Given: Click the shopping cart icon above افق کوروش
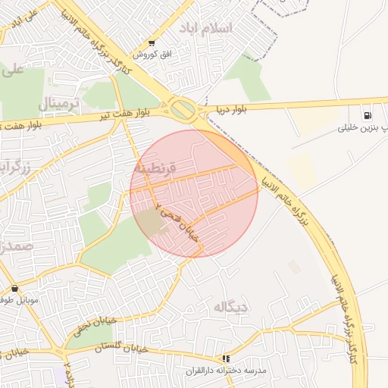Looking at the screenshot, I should pos(152,43).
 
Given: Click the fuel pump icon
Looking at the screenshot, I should pos(368,116).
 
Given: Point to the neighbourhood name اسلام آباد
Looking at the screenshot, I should pos(207,27).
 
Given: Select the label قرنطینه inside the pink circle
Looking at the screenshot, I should pos(155,166).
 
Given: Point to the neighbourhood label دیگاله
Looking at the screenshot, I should pos(232,307).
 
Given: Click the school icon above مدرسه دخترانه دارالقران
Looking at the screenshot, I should pos(225,358).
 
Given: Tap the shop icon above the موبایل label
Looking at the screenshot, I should pos(15,289).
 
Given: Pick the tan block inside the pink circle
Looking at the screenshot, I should pos(152,222).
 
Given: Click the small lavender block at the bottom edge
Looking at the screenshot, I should pos(59,377).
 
